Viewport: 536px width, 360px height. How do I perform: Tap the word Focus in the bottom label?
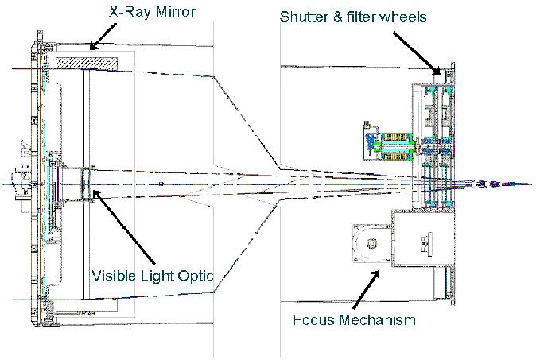click(313, 320)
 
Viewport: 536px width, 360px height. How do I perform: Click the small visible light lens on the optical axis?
click(88, 182)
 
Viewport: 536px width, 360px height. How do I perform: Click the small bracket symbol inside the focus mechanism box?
click(426, 241)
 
